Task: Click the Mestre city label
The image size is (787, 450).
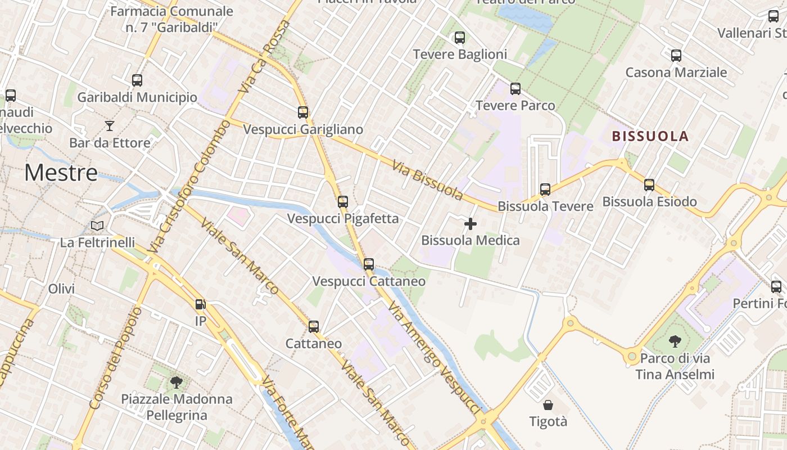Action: pos(61,172)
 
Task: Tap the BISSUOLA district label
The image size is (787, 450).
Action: pos(650,136)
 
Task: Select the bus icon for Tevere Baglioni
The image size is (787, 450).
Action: pos(459,38)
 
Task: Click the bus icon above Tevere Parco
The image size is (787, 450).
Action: pos(515,89)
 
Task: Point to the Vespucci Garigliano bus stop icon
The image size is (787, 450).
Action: pos(303,112)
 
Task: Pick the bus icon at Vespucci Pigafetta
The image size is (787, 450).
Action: pos(342,201)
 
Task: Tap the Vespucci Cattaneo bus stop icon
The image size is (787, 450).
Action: pos(368,264)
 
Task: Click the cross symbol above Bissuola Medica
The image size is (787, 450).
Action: pos(470,224)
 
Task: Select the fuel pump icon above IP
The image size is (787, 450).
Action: pos(200,304)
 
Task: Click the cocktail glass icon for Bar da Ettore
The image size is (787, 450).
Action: pos(110,125)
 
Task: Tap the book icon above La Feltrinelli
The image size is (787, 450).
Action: pos(97,226)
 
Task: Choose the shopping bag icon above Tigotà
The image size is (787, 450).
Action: pos(548,404)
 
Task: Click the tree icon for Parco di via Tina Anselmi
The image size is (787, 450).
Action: pos(675,341)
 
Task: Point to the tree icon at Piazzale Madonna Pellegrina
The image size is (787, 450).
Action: pos(177,382)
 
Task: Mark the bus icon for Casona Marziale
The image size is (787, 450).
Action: pos(676,56)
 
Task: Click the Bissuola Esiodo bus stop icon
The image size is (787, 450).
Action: pos(649,184)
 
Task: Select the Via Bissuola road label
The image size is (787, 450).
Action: pos(428,181)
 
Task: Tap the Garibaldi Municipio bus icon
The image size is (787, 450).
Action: pos(137,80)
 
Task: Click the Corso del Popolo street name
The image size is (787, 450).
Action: pos(115,358)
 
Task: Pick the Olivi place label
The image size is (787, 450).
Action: pos(61,289)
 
